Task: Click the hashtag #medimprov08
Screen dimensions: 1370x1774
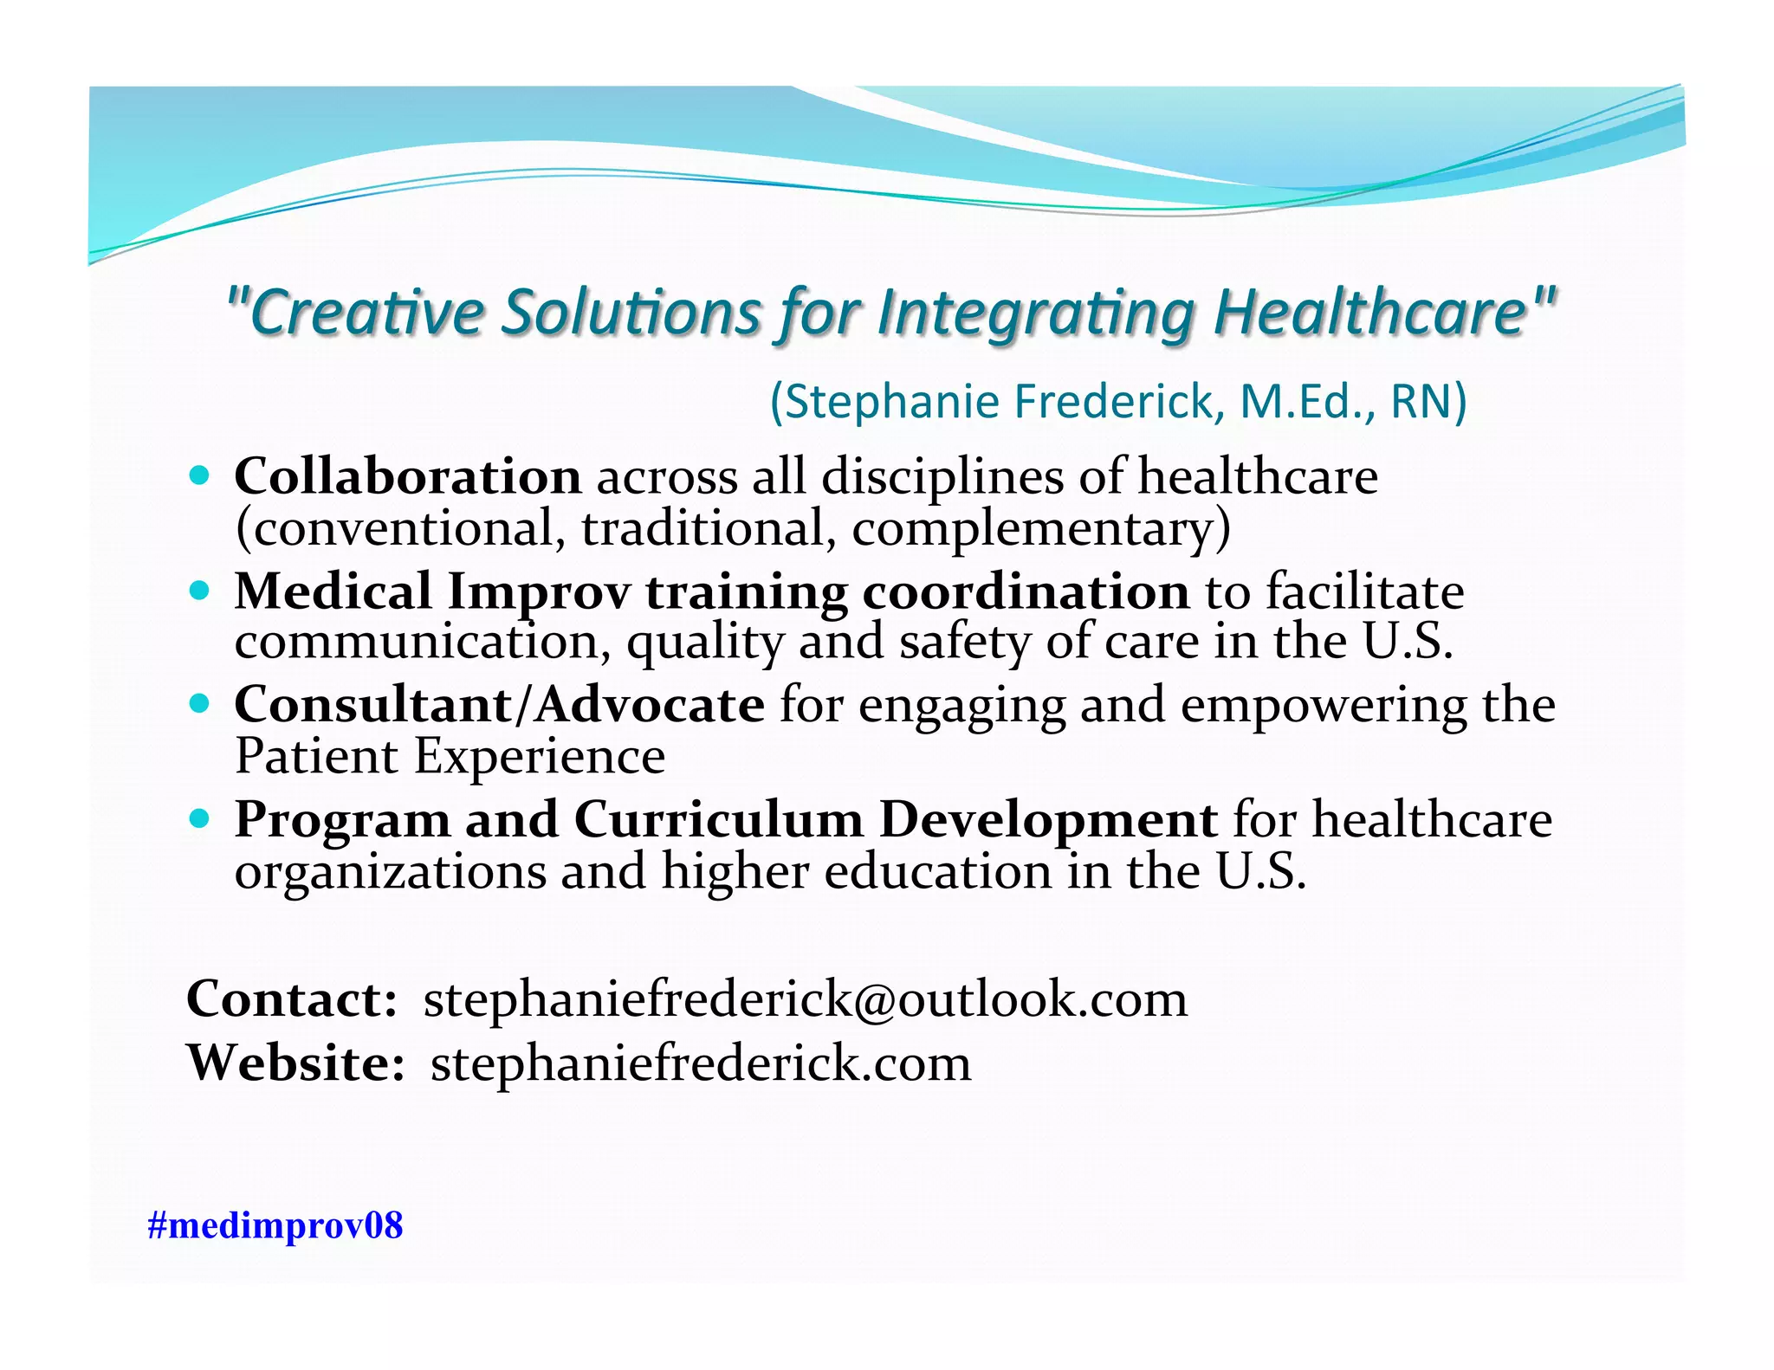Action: coord(275,1225)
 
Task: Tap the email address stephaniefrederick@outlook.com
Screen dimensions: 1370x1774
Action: coord(805,999)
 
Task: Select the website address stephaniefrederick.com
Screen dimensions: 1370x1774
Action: coord(701,1063)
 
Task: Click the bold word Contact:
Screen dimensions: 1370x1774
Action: coord(292,999)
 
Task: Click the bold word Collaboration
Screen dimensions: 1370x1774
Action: coord(408,476)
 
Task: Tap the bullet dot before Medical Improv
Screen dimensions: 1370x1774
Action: coord(200,591)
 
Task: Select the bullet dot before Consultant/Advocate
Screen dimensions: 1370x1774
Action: coord(200,703)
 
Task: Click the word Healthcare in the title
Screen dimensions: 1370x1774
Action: coord(1382,312)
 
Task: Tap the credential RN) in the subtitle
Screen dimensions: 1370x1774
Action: coord(1428,402)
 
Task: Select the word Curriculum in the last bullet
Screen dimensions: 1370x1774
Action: coord(718,819)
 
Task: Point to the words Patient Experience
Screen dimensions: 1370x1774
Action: coord(450,756)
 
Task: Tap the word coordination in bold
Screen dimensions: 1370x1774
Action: coord(1026,592)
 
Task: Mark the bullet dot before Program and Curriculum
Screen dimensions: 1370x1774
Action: coord(200,817)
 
